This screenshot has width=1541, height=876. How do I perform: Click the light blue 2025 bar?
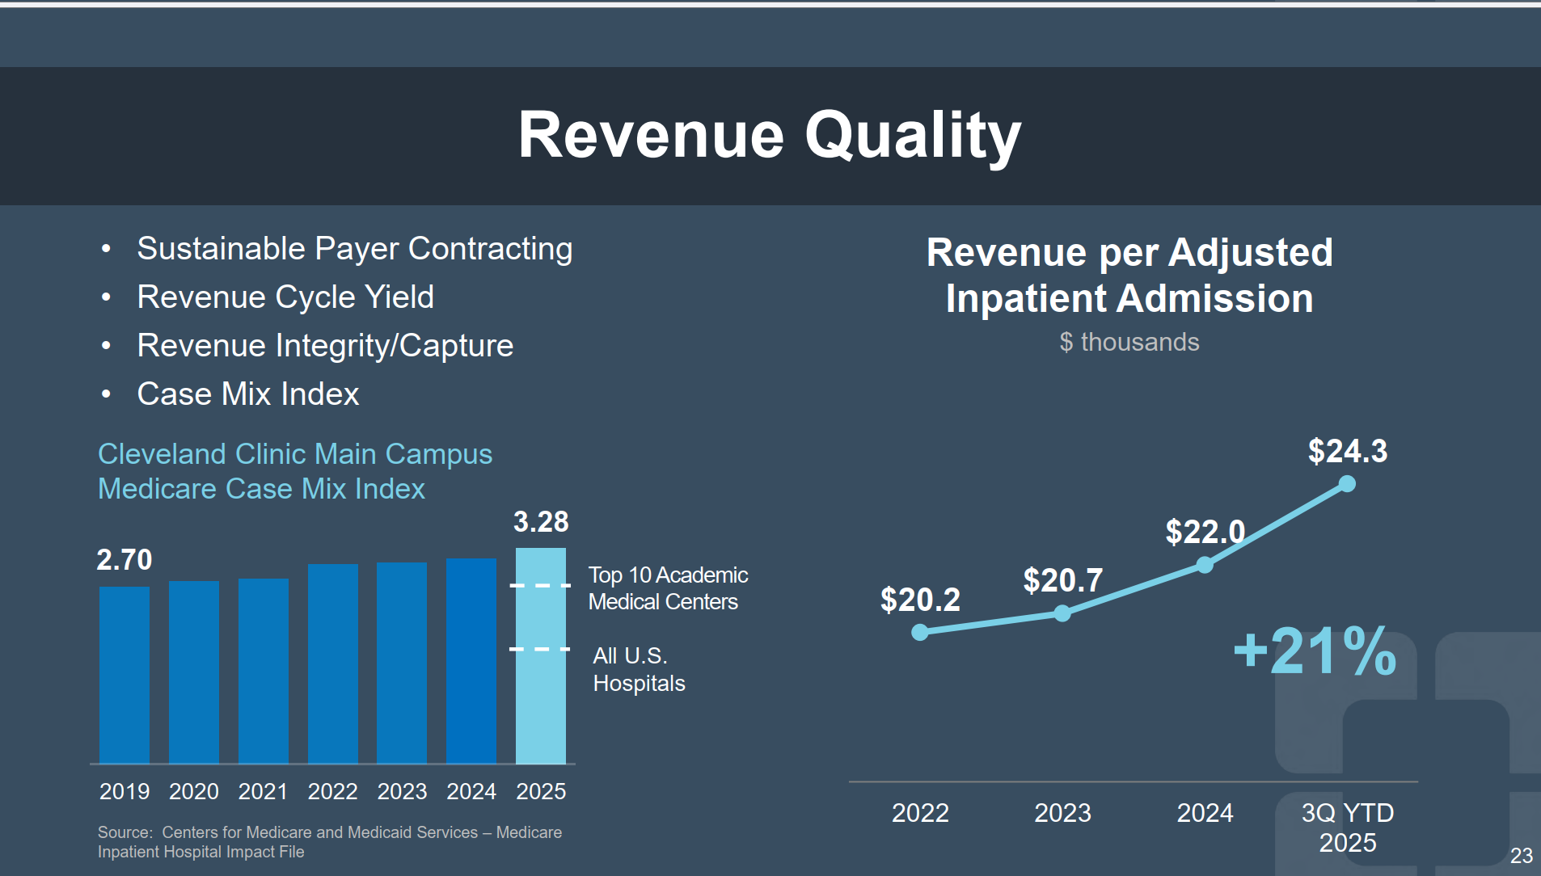541,656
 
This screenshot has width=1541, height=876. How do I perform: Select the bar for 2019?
125,675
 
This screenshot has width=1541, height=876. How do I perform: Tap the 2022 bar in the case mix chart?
333,663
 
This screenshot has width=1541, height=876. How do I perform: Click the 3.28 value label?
541,522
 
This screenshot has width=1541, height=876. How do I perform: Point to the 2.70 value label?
125,559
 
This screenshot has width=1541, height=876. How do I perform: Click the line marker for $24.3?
1347,484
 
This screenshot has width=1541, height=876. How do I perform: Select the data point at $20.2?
920,632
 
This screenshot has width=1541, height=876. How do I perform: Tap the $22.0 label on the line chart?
1205,532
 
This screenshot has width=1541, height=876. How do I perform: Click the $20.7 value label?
1062,580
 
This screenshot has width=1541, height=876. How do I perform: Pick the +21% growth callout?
1315,651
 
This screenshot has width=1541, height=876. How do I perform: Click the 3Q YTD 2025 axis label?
1348,827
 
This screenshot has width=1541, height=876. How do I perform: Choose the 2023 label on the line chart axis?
1062,812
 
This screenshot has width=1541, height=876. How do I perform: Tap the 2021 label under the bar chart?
263,791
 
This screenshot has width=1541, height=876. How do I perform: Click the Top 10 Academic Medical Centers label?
668,588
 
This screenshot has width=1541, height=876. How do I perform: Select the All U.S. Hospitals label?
639,669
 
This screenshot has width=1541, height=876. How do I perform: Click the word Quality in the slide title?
913,136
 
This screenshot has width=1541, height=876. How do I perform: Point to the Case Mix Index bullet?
247,394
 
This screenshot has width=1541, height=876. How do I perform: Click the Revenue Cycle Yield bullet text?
285,297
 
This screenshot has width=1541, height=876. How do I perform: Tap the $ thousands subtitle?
1129,342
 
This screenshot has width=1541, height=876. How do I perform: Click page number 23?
1521,855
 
